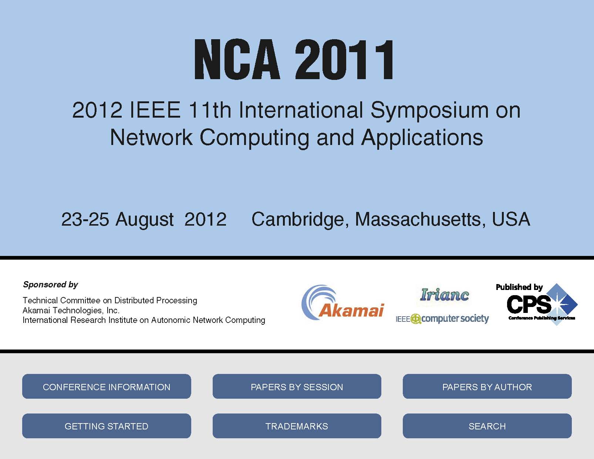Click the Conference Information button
pos(107,386)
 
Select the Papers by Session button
pos(297,386)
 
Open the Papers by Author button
pos(487,386)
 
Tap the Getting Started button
pos(107,426)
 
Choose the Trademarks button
pos(297,426)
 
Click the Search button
pos(487,426)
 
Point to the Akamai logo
pos(343,303)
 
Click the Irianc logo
pos(445,295)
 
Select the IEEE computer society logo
pos(442,319)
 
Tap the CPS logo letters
pos(529,304)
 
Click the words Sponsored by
pos(50,285)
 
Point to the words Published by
pos(519,287)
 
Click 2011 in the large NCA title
pos(344,59)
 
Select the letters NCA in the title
pos(237,59)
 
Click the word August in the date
pos(145,220)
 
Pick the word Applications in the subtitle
pos(422,138)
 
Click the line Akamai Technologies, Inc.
pos(71,310)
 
